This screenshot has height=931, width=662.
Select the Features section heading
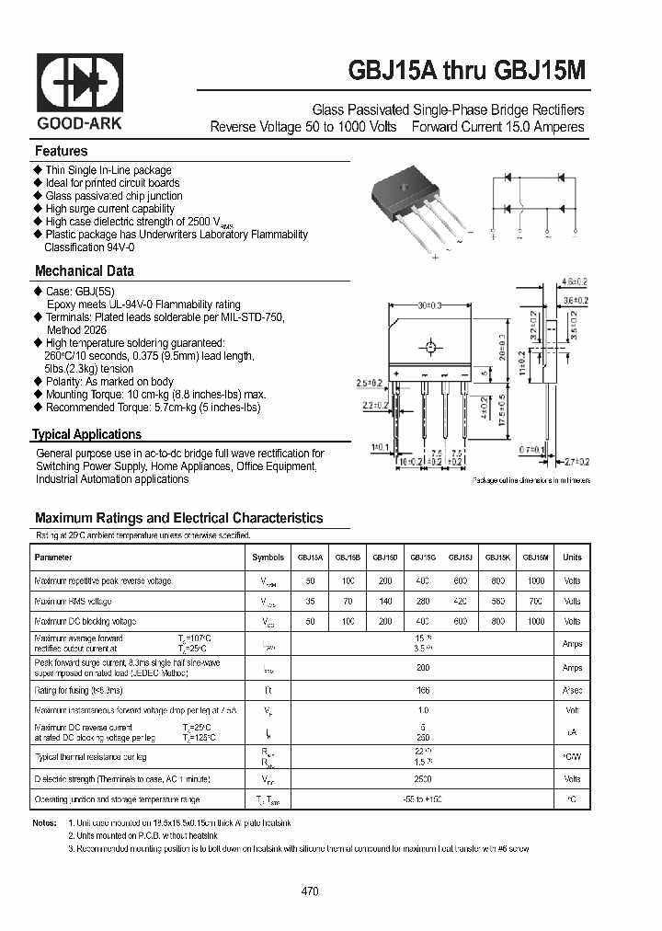[62, 151]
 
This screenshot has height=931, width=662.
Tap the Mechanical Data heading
[84, 271]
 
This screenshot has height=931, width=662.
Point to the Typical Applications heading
[87, 434]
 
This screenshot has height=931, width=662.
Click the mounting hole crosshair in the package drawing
[429, 348]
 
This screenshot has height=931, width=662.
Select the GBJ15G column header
[423, 557]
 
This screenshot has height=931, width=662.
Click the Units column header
[572, 557]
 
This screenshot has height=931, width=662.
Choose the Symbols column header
[268, 557]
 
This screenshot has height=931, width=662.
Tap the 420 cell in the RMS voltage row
[460, 602]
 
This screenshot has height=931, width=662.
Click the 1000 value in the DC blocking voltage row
[535, 622]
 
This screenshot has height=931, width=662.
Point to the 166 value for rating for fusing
[423, 688]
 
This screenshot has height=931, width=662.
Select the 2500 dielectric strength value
[423, 777]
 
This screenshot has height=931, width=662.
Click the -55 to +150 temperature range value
[423, 799]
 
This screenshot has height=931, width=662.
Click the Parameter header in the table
[53, 557]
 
